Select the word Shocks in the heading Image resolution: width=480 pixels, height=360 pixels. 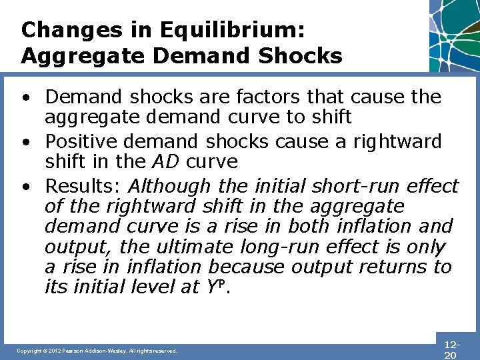(x=299, y=55)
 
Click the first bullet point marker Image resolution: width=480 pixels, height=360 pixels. (x=25, y=97)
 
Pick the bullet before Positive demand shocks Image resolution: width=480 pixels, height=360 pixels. (x=25, y=143)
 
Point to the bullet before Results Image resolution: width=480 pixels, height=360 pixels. (x=25, y=187)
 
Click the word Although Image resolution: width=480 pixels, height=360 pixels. (x=170, y=187)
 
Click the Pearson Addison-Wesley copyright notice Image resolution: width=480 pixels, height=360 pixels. (x=97, y=351)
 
